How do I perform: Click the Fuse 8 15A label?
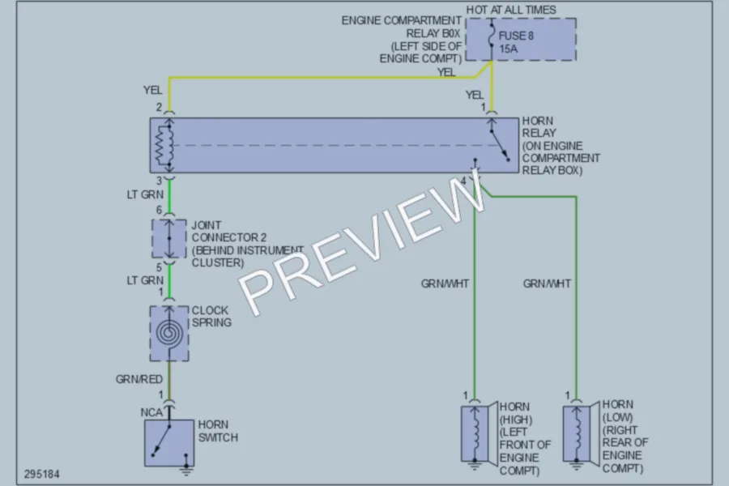tap(516, 42)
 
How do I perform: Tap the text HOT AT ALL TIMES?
tap(511, 10)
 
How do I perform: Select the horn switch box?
tap(169, 443)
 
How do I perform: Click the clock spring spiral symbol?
tap(168, 333)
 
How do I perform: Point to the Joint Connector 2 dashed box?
tap(168, 238)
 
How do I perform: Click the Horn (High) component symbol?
tap(479, 433)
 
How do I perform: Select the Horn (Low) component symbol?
tap(581, 433)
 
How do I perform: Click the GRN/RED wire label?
tap(139, 380)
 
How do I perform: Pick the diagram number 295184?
tap(42, 475)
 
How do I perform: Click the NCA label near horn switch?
tap(151, 412)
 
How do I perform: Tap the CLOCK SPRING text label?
tap(211, 316)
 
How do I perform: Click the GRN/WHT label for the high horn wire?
tap(445, 283)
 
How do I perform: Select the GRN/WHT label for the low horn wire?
tap(548, 283)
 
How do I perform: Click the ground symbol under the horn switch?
tap(186, 471)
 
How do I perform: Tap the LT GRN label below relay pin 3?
tap(145, 194)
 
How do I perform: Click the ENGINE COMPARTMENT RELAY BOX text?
tap(401, 40)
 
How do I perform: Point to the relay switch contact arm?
tap(500, 146)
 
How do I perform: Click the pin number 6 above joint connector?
tap(159, 211)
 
